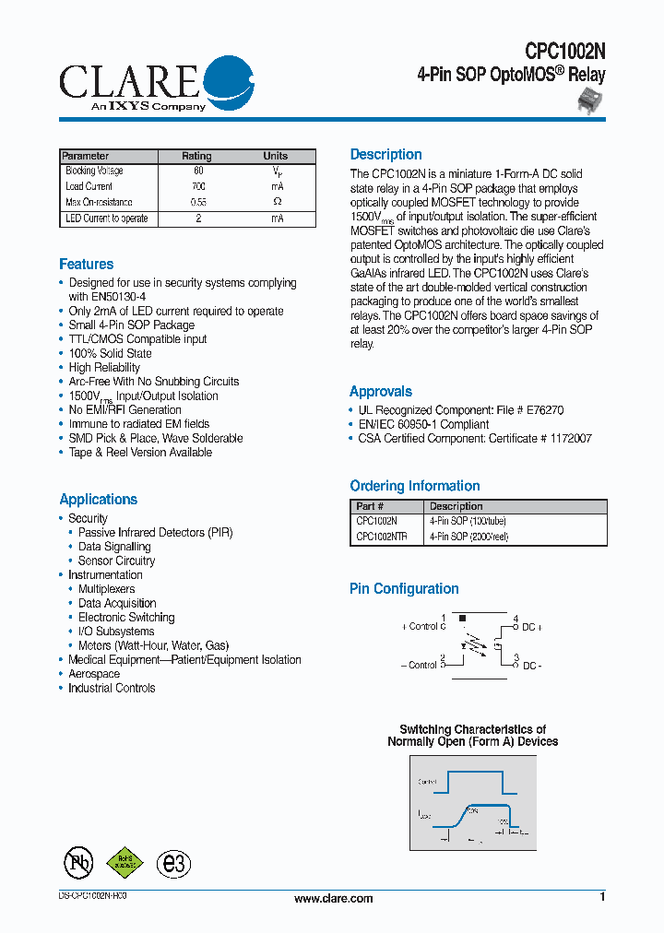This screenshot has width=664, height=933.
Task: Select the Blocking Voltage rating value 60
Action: pos(197,171)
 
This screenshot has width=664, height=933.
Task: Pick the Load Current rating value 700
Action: pos(197,186)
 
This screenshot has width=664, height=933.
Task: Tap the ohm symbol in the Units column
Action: pos(277,202)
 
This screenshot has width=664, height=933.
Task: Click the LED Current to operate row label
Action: pos(107,218)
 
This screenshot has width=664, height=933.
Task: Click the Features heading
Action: pos(87,265)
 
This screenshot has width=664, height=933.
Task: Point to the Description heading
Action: pos(385,155)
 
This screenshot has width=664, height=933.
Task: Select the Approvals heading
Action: pos(381,392)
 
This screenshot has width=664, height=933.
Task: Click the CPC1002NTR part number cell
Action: pos(381,537)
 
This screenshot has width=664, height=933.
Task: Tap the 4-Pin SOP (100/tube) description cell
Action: pos(468,521)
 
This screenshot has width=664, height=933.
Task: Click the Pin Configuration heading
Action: pos(404,589)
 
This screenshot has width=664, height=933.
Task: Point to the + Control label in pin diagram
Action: pos(422,626)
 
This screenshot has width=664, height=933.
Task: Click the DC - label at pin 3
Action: pos(531,665)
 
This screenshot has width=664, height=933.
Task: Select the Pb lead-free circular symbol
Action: pos(78,862)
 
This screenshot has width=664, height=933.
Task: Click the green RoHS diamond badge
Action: pos(125,861)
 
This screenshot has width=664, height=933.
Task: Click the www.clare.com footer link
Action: pos(333,899)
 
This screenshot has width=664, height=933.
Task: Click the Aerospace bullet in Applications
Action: pos(94,674)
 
